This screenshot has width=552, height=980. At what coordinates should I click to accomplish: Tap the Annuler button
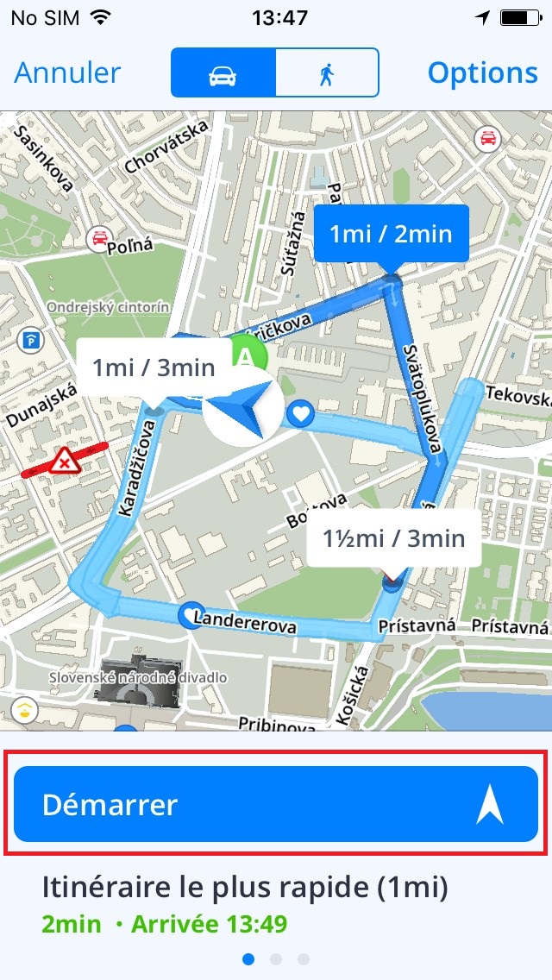coord(67,72)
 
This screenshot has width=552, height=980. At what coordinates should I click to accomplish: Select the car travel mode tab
coord(223,72)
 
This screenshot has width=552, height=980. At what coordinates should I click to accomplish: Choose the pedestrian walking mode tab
coord(327,72)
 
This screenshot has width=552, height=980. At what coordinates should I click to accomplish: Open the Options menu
coord(482,72)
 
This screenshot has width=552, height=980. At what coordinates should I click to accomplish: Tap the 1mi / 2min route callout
coord(392,234)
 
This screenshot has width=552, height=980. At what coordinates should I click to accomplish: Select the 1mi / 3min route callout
coord(154,368)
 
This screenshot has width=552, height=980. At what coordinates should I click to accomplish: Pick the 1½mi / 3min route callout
coord(393,538)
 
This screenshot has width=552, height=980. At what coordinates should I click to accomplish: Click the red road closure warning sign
coord(64,462)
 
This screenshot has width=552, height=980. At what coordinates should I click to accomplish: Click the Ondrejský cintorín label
coord(108,307)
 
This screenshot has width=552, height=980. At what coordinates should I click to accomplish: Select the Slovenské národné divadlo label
coord(138,678)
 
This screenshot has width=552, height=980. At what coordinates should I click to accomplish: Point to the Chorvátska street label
coord(166,145)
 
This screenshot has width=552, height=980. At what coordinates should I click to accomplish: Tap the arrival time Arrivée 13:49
coord(209,925)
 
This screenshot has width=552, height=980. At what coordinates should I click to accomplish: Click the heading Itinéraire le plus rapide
coord(245,887)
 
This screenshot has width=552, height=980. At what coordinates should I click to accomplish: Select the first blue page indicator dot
coord(248,958)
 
